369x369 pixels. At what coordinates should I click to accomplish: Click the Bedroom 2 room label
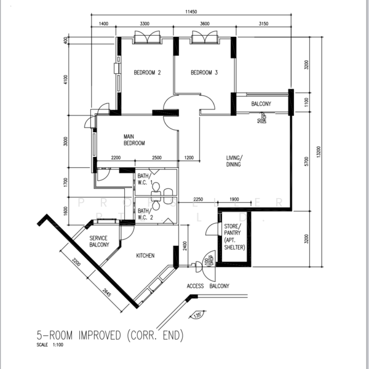coord(147,73)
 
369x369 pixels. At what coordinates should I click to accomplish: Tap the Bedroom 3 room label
coord(204,73)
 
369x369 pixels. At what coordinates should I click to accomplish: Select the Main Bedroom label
coord(133,140)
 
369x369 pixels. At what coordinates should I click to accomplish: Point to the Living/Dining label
coord(233,161)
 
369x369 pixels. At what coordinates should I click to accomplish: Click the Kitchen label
coord(145,256)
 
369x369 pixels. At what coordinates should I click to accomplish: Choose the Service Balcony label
coord(99,241)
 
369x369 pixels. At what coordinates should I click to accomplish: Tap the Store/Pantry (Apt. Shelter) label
coord(234,237)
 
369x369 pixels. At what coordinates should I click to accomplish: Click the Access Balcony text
coord(208,287)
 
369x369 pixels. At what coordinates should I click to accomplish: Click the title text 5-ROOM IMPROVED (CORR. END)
coord(110,336)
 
